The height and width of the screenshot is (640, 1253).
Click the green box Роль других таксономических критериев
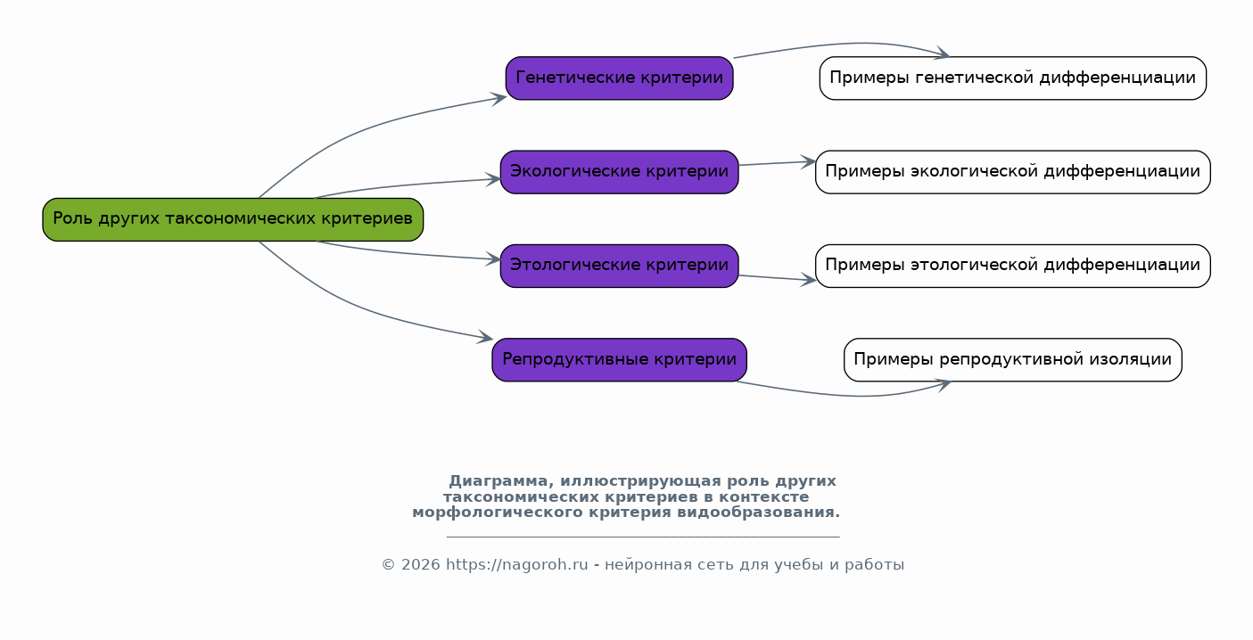pos(233,219)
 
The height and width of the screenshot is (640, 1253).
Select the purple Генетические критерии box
pos(619,78)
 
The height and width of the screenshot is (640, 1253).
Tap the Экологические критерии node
pos(619,172)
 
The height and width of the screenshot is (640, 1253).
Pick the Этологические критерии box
pos(619,266)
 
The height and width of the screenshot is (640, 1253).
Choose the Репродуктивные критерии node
pos(619,360)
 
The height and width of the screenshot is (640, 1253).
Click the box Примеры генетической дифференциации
pos(1012,78)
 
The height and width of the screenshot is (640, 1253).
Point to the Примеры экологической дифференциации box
pos(1012,172)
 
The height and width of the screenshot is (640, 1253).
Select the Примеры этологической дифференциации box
pos(1012,266)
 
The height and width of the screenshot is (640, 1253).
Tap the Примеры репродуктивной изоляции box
pos(1012,360)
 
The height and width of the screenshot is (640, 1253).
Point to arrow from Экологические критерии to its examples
pos(778,163)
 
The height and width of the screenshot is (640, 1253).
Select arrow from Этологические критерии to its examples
pos(778,278)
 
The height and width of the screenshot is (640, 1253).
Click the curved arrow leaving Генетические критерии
pos(850,43)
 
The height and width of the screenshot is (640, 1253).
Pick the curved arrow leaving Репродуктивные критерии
pos(850,395)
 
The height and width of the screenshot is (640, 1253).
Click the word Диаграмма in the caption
pos(498,481)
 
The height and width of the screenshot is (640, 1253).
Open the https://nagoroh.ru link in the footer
pos(517,565)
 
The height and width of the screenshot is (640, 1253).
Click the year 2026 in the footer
pos(421,565)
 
